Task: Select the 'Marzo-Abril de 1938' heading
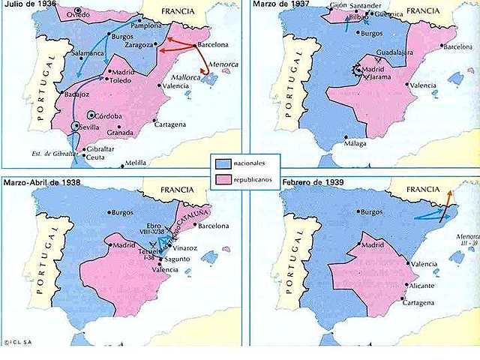click(42, 182)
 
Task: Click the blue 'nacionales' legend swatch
click(223, 163)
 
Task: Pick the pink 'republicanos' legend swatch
click(223, 180)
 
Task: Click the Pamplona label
click(146, 24)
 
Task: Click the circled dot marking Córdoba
click(91, 115)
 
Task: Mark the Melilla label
click(136, 162)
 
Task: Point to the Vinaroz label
click(186, 247)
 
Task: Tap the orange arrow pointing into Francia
click(448, 200)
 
